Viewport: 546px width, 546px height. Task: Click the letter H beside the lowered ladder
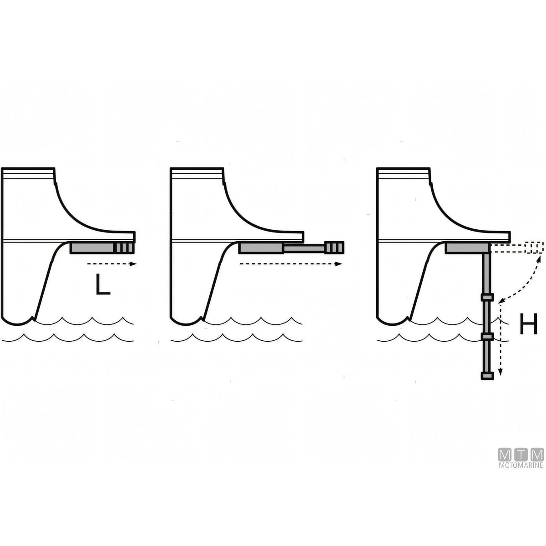click(529, 324)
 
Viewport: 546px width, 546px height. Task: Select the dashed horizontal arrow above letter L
click(111, 264)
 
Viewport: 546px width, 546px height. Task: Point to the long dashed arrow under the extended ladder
click(291, 264)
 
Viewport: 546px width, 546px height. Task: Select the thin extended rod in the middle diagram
click(304, 248)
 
